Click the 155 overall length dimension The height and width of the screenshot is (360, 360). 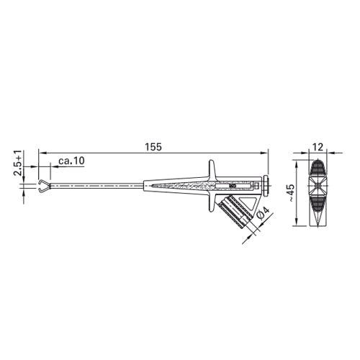(153, 147)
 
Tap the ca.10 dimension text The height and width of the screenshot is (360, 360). (71, 161)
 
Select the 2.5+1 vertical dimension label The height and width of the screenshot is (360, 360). (18, 163)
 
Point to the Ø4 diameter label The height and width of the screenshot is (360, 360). (263, 212)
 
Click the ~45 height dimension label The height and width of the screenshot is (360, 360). (291, 193)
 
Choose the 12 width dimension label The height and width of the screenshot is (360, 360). (318, 147)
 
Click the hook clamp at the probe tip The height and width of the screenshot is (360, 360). (43, 186)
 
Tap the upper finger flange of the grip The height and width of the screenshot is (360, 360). (212, 169)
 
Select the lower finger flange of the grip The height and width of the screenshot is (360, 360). (211, 202)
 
